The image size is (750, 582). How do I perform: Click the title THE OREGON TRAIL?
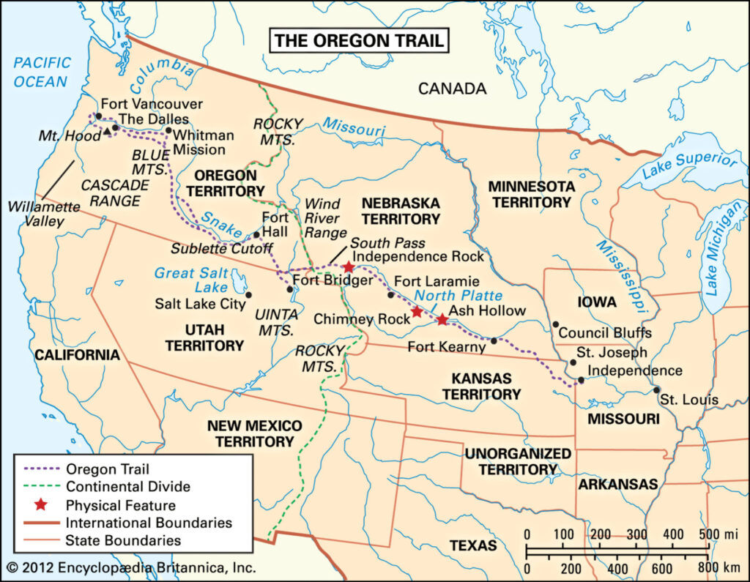tap(358, 41)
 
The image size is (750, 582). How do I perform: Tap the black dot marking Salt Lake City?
tap(248, 294)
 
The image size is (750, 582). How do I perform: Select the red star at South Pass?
tap(348, 268)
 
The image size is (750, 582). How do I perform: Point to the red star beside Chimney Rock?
tap(417, 312)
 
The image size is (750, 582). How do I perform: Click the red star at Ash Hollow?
tap(442, 319)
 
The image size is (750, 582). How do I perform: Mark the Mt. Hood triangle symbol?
tap(108, 131)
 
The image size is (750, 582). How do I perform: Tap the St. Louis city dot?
tap(657, 389)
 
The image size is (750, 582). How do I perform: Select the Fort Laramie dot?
tap(390, 295)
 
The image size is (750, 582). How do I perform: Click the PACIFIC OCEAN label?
tap(42, 72)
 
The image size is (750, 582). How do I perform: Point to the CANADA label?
tap(452, 89)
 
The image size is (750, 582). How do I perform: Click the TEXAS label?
tap(472, 545)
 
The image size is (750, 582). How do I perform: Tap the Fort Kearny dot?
tap(494, 340)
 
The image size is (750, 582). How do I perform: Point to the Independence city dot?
tap(581, 380)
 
